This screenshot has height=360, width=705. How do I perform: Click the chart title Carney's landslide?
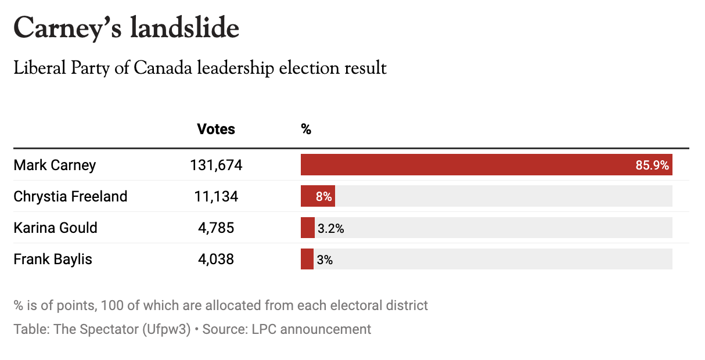(x=126, y=28)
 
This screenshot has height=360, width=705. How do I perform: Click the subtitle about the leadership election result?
(x=200, y=69)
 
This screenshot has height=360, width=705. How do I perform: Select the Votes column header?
(x=216, y=129)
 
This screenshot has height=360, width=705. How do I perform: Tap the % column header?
(x=306, y=129)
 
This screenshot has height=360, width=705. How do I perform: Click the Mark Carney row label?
(x=55, y=165)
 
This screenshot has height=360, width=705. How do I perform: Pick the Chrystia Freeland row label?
(x=70, y=196)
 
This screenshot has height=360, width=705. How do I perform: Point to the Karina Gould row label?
(x=55, y=228)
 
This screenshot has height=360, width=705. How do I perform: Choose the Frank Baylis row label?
(x=53, y=259)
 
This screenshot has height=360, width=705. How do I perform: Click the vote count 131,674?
(x=216, y=165)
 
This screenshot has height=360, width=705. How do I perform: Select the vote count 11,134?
(x=216, y=196)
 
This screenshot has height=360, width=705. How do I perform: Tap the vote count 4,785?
(x=216, y=228)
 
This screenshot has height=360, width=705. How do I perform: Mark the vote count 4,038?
(x=216, y=259)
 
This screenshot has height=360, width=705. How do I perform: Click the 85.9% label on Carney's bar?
(x=652, y=165)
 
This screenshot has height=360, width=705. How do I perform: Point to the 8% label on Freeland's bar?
(x=323, y=197)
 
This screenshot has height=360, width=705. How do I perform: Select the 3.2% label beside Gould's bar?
(x=330, y=229)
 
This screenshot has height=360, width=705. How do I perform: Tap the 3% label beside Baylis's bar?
(x=325, y=260)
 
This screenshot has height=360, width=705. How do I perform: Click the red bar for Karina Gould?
(x=307, y=228)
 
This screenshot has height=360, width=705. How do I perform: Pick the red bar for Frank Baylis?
(x=307, y=259)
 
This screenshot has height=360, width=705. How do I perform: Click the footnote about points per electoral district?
(x=221, y=305)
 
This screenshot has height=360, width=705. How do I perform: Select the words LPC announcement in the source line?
(x=311, y=329)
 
